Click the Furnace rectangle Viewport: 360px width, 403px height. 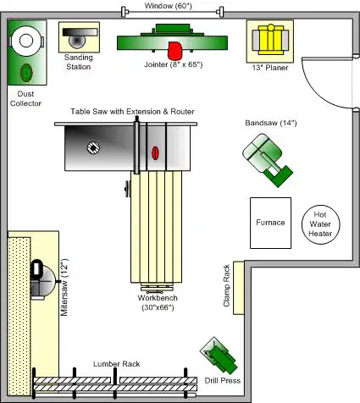coord(270,223)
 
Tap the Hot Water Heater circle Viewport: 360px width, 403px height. coord(320,224)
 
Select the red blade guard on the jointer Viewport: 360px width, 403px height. coord(174,51)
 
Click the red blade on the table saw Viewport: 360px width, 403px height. coord(155,153)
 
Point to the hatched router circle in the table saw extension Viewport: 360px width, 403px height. coord(93,147)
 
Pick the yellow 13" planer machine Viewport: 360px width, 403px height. coord(270,40)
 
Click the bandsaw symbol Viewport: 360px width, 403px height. coord(268,160)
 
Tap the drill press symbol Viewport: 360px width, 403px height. coord(219,356)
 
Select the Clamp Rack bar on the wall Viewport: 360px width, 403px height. coord(239,288)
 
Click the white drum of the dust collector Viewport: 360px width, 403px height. coord(26,41)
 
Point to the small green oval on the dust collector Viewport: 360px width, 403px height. coord(26,73)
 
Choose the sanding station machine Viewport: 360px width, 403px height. coord(79,37)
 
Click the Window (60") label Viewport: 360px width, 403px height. coord(169,6)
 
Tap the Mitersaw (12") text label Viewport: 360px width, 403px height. coord(64,287)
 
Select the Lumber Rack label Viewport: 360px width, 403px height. coord(117,364)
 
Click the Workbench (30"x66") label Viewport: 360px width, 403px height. coord(158,302)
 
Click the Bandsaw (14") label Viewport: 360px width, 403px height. coord(271,123)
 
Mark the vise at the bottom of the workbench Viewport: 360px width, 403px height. coord(157,288)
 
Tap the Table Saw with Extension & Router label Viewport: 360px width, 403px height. coord(132,112)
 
